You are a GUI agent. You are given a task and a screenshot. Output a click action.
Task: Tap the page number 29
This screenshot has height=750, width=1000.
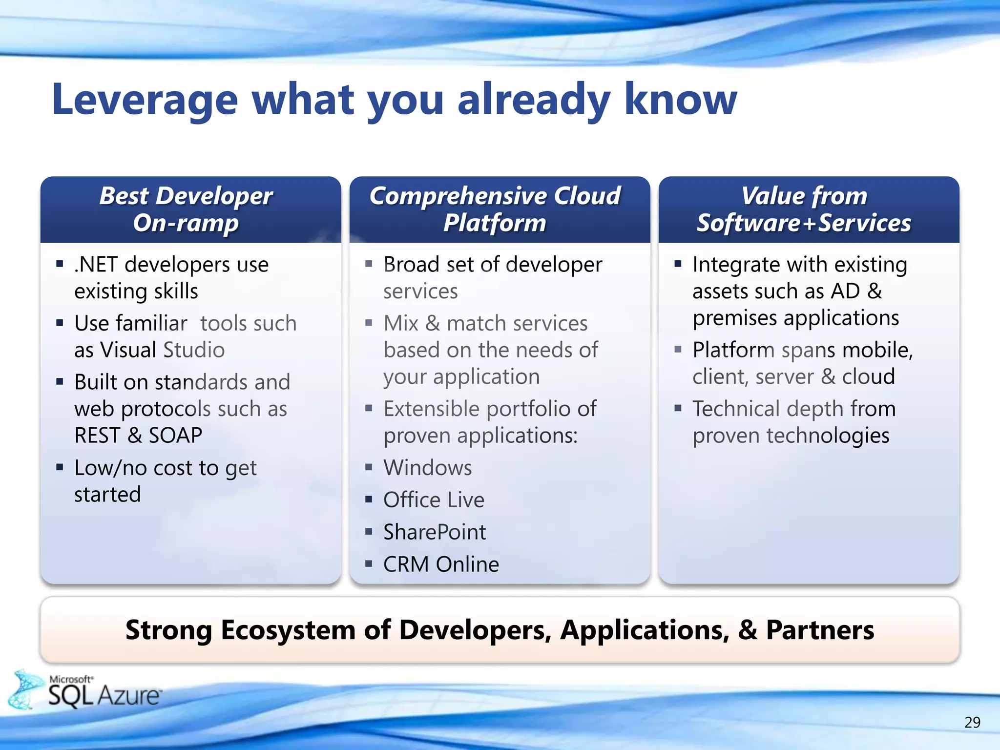tap(972, 722)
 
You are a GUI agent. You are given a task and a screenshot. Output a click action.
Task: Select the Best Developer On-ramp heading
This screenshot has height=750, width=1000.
tap(186, 209)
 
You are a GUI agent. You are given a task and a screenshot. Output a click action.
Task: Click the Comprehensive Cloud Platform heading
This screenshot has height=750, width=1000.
tap(495, 209)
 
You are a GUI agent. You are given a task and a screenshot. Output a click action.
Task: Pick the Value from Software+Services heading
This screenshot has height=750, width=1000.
tap(804, 209)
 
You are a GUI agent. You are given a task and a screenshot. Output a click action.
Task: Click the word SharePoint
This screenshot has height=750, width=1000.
tap(435, 532)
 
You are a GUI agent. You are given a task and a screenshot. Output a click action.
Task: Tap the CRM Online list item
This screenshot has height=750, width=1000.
tap(441, 564)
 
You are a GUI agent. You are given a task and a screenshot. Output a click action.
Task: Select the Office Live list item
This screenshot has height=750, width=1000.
tap(434, 500)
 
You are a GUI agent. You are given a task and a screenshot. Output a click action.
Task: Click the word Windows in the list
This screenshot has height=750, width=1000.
tap(428, 468)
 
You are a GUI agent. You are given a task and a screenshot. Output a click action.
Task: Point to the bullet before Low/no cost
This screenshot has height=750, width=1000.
tap(60, 467)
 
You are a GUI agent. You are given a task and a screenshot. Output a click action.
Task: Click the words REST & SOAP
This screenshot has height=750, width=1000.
tap(138, 436)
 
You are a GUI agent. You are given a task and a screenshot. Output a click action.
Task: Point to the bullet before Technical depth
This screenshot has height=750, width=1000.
tap(678, 408)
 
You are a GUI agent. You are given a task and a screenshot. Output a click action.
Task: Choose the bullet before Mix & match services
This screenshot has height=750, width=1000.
tap(369, 323)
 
